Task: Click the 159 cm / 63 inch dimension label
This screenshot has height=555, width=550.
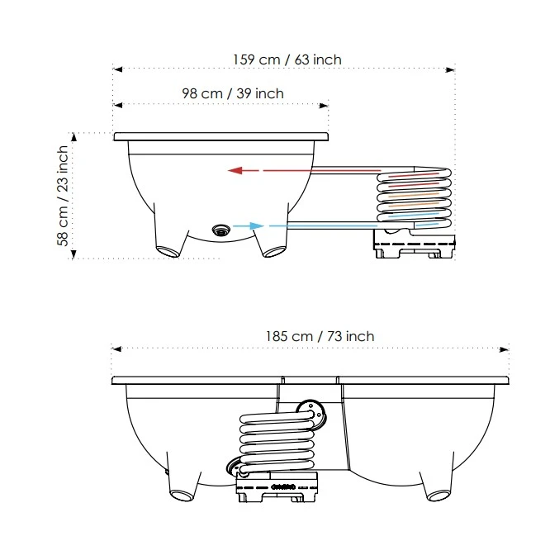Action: pos(287,59)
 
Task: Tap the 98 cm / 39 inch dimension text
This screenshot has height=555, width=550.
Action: pos(233,93)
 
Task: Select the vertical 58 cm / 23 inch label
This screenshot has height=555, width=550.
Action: pos(63,202)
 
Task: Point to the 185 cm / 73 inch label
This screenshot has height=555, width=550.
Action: pos(320,336)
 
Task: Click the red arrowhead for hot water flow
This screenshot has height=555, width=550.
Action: pos(235,171)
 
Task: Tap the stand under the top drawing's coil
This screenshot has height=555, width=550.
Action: pos(415,244)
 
